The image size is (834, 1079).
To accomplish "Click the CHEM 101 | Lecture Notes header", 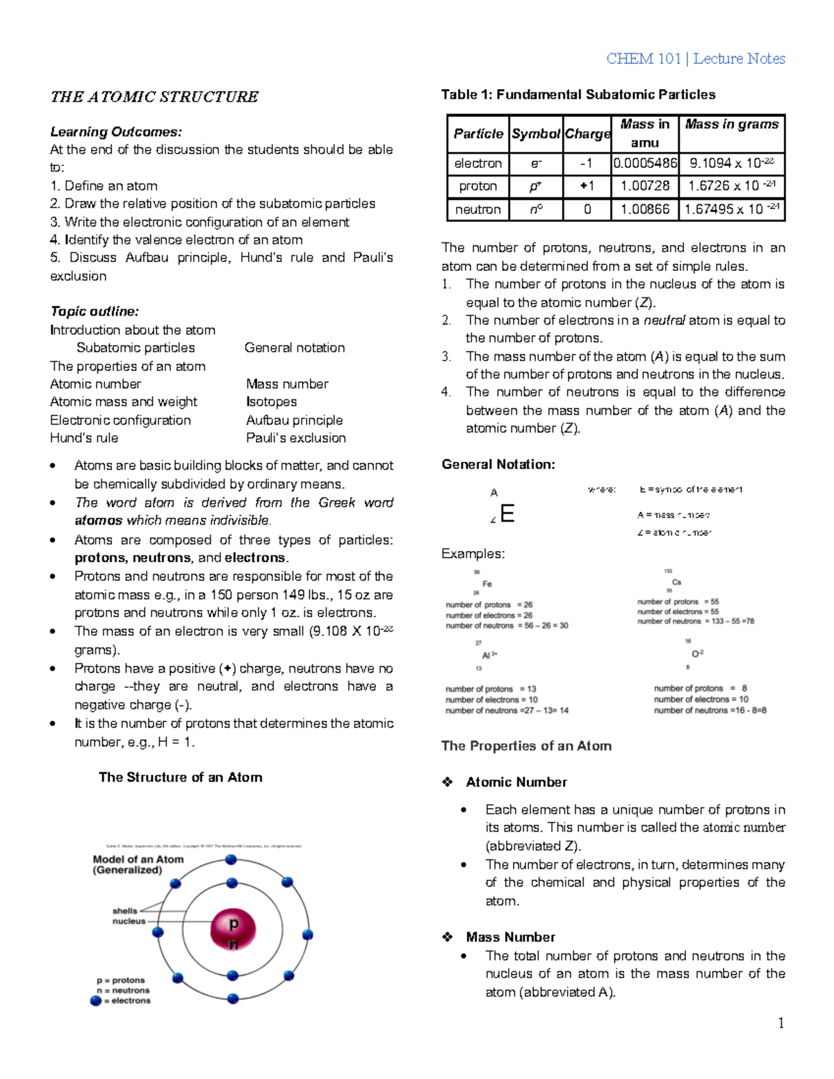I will [x=695, y=59].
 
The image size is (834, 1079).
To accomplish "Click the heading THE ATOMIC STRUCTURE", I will [x=154, y=97].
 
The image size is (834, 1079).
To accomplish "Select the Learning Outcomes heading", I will [x=116, y=132].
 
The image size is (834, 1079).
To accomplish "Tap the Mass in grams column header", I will [x=731, y=124].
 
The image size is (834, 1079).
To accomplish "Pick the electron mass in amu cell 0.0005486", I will [x=645, y=163].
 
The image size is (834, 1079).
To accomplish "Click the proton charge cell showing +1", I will [x=587, y=186].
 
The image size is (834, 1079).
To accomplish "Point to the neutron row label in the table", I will [x=477, y=209].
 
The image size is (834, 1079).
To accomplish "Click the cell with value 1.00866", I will [x=645, y=209].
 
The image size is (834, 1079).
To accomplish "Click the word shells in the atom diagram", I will [x=125, y=911].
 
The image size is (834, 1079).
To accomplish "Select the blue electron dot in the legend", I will [x=96, y=1001].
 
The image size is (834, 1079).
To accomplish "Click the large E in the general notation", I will [x=507, y=514].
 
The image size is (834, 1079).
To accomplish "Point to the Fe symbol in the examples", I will [x=487, y=584].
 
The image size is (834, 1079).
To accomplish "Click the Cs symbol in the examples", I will [x=676, y=582].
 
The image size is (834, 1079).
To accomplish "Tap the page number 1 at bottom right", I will [x=781, y=1023].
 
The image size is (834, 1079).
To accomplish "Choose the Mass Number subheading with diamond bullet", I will [x=510, y=937].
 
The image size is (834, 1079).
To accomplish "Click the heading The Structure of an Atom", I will [x=180, y=777].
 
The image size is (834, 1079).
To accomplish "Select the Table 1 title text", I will [x=578, y=94].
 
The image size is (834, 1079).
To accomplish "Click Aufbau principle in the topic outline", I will [x=294, y=420].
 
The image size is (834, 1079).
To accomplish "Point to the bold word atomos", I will [x=98, y=521].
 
